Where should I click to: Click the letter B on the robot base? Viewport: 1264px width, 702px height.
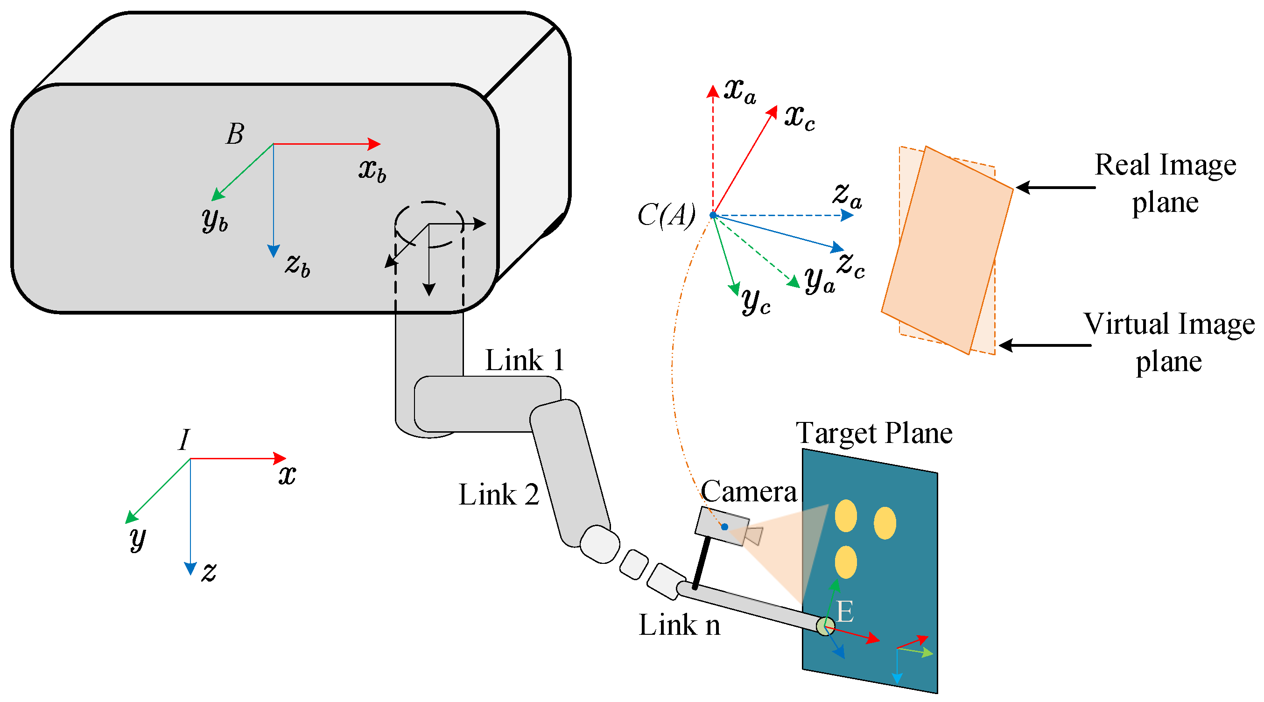(235, 134)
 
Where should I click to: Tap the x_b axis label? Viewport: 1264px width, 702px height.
(372, 170)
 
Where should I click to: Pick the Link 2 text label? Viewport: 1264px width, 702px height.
(499, 494)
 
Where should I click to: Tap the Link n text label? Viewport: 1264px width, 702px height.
(679, 625)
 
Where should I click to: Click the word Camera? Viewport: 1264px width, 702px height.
(748, 491)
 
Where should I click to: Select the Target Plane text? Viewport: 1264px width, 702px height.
(874, 433)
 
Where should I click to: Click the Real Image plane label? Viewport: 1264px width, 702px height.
(1166, 183)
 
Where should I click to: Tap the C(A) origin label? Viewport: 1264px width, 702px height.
(667, 215)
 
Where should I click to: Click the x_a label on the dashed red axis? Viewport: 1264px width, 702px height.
(740, 91)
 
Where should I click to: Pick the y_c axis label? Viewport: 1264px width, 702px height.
(756, 300)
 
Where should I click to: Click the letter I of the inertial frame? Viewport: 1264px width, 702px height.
(183, 440)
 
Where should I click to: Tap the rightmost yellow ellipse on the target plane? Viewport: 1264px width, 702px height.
(885, 523)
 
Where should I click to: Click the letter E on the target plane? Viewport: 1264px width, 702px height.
(845, 612)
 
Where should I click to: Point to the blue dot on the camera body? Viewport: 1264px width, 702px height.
(724, 527)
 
